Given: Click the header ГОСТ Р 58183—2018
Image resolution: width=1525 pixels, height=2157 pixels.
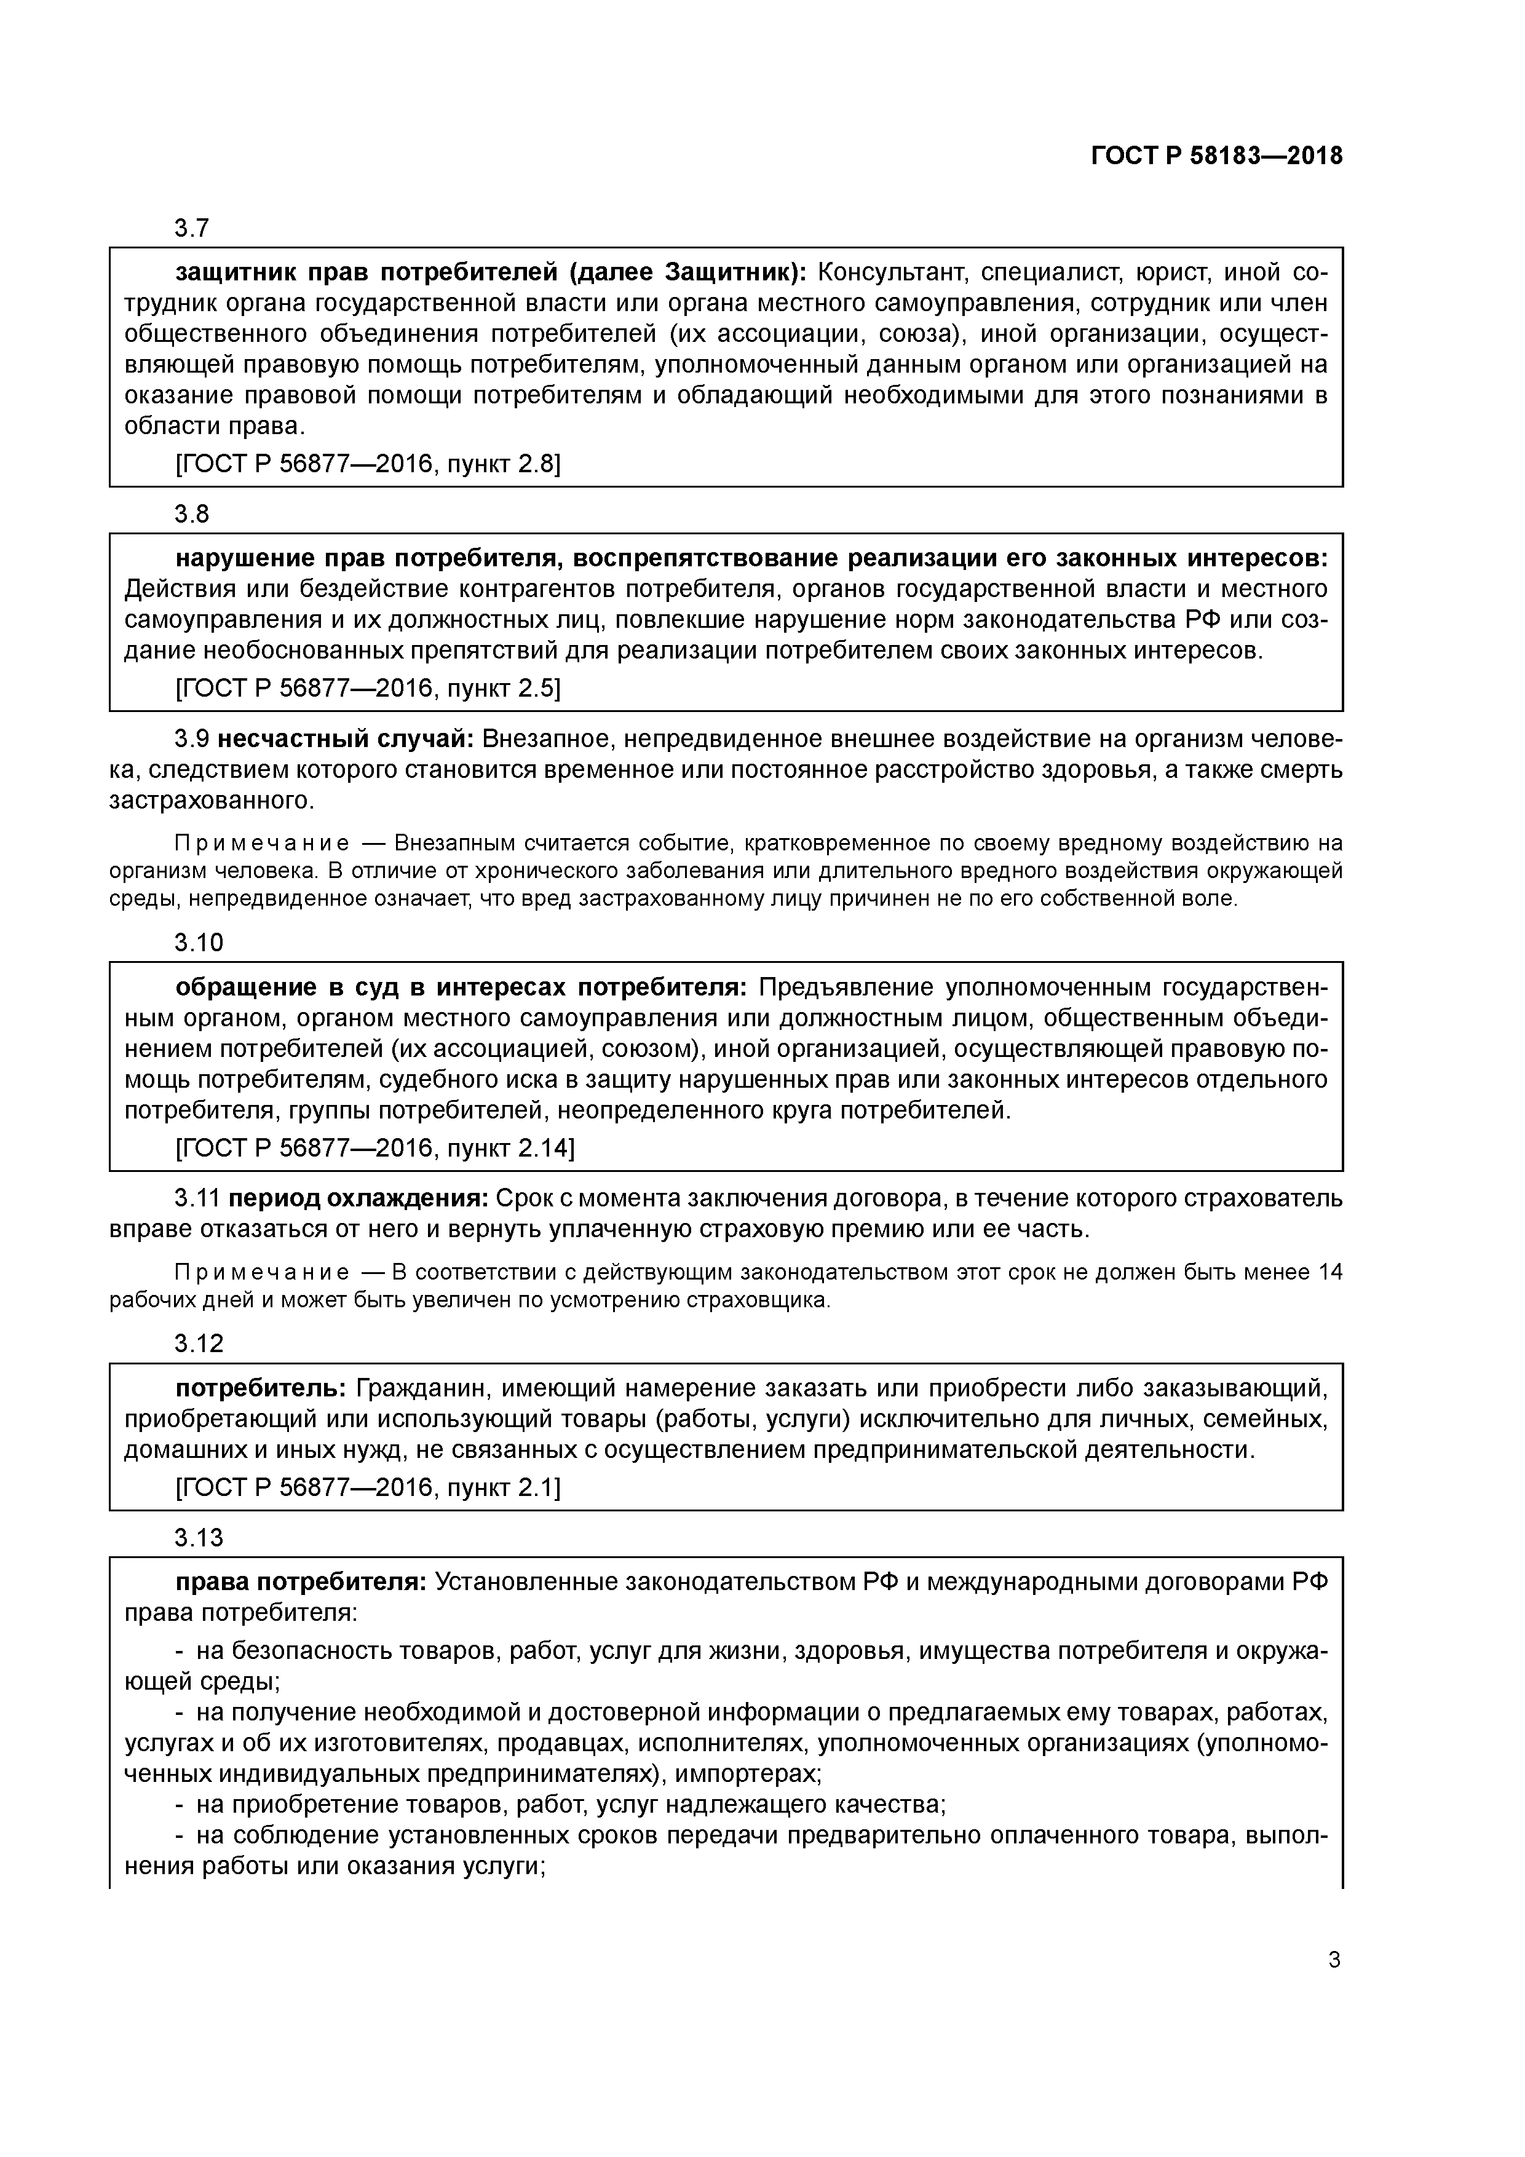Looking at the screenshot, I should pyautogui.click(x=1217, y=156).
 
